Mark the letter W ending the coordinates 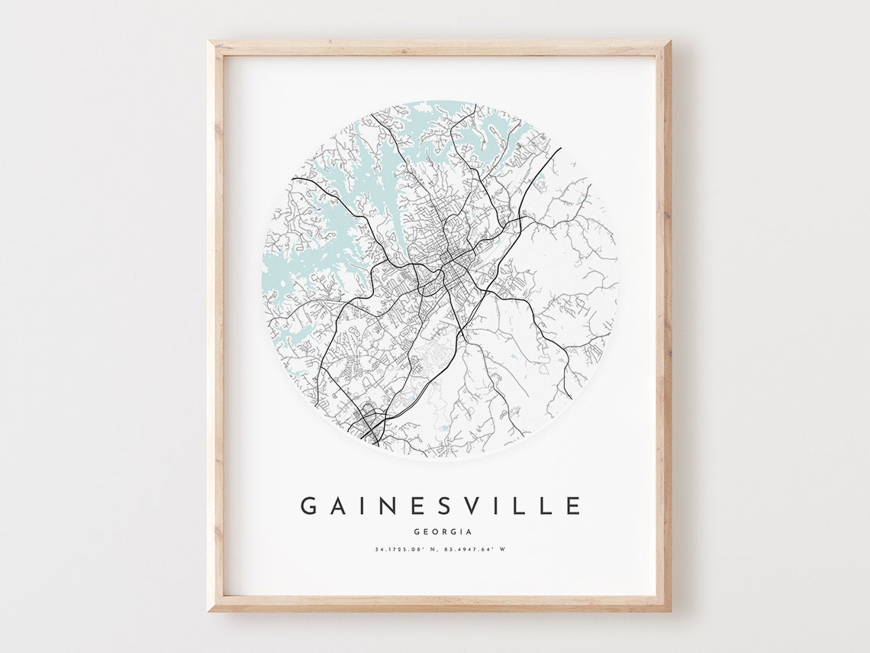coord(504,550)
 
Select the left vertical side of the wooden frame coord(217,328)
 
